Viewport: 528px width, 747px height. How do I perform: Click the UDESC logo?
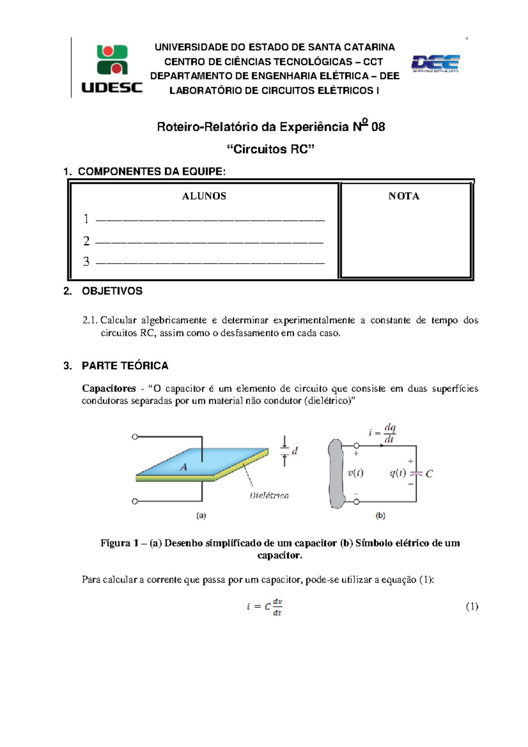click(112, 69)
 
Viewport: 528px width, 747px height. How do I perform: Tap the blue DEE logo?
click(435, 63)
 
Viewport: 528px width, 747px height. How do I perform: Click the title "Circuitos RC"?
click(270, 149)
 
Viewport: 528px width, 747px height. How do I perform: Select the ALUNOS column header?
click(204, 196)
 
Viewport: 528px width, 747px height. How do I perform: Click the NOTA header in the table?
click(403, 196)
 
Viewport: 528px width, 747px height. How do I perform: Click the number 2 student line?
click(209, 242)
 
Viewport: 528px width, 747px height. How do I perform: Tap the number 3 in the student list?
click(86, 262)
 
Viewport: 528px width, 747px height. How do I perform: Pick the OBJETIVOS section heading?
click(112, 291)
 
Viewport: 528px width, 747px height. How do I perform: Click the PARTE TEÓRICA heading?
click(125, 366)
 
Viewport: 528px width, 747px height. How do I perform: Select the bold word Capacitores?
click(109, 388)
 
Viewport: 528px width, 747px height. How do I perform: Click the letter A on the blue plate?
click(183, 467)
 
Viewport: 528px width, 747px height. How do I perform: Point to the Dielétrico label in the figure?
click(269, 495)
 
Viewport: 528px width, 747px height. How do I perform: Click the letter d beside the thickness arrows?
click(295, 451)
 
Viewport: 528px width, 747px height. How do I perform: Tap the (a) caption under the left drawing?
click(201, 516)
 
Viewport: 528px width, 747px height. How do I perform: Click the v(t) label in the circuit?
click(355, 473)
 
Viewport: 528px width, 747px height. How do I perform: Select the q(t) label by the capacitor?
click(397, 473)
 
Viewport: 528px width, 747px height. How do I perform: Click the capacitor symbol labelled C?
click(416, 473)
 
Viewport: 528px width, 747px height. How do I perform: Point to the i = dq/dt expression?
click(383, 433)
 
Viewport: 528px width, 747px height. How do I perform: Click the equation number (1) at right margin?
click(472, 607)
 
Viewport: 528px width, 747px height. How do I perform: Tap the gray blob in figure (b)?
click(336, 473)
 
